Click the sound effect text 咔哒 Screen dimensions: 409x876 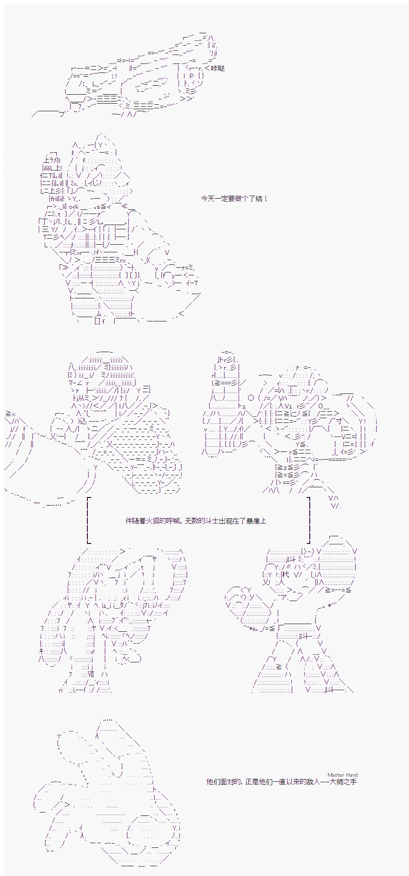(218, 68)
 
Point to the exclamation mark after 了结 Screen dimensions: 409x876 (265, 199)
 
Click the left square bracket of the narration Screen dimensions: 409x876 (88, 520)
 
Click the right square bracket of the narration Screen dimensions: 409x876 (308, 520)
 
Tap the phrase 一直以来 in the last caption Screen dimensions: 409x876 (287, 782)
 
